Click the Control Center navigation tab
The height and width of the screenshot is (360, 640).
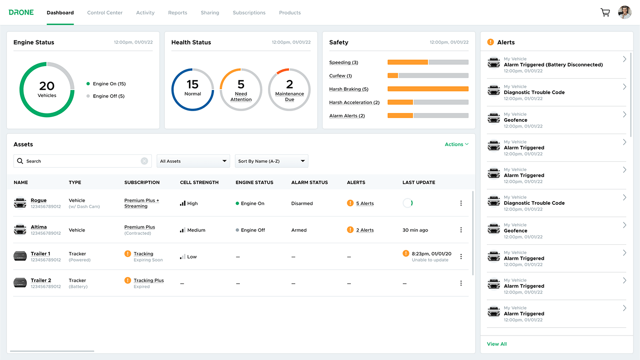[104, 13]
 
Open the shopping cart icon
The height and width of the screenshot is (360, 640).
[605, 13]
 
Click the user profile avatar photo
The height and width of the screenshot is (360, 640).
[625, 13]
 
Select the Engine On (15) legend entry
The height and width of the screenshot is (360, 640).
[109, 84]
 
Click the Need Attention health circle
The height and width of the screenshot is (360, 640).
[241, 90]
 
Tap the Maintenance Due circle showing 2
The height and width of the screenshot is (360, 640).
[289, 90]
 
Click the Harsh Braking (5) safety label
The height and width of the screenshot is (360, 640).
[349, 89]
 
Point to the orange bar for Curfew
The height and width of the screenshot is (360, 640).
[393, 75]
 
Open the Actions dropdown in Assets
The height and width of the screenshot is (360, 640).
[456, 144]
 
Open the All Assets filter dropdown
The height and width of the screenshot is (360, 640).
[193, 161]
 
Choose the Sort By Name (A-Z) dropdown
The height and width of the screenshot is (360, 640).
[271, 161]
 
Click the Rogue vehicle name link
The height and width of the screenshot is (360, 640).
[38, 201]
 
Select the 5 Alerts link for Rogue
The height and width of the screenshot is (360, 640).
[365, 203]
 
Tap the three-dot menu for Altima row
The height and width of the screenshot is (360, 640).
[461, 230]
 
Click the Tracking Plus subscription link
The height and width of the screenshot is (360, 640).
[149, 280]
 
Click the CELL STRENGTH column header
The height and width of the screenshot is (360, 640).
[199, 182]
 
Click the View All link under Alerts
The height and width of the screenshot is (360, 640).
[497, 344]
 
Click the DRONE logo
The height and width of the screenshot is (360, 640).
[21, 13]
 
